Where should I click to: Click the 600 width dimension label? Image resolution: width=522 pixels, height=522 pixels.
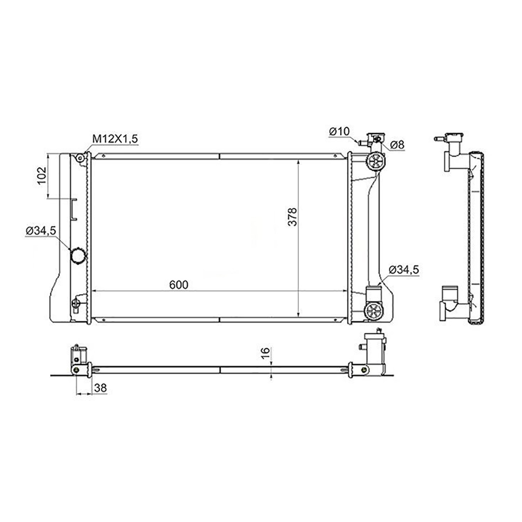[179, 284]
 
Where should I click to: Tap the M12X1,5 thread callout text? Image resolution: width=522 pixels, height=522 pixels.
[115, 139]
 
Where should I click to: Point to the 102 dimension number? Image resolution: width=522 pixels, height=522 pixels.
[42, 176]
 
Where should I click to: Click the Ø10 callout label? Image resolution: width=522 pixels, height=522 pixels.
[339, 132]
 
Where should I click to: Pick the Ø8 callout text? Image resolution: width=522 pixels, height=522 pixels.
[397, 145]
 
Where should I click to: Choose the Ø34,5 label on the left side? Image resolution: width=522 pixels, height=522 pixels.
[41, 231]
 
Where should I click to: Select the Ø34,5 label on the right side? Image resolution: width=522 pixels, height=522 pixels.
[404, 270]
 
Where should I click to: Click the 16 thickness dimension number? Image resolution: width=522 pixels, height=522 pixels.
[266, 353]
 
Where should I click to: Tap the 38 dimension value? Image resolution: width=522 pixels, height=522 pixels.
[100, 388]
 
